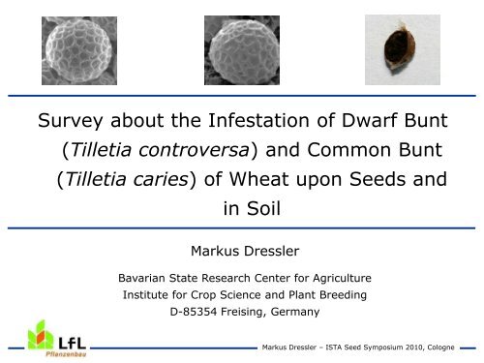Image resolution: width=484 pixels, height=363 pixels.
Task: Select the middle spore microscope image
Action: [x=242, y=48]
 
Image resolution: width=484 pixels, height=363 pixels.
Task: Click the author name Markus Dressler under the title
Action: [x=242, y=253]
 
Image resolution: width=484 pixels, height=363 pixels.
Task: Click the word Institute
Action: [x=140, y=295]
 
